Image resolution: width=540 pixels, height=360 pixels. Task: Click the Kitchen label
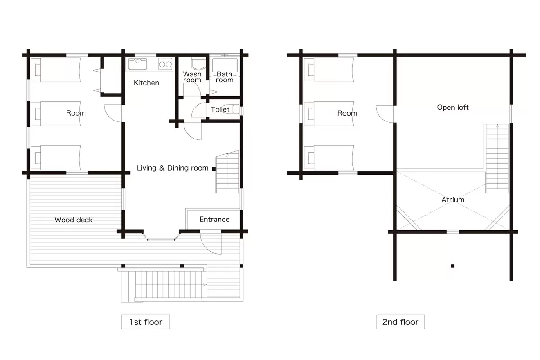click(146, 83)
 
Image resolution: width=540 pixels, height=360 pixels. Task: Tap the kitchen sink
click(137, 64)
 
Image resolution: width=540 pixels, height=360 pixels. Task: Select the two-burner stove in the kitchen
click(166, 64)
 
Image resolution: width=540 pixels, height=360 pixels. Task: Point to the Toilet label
click(220, 109)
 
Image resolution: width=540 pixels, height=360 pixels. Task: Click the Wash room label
click(192, 77)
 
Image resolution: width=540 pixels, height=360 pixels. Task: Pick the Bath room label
click(225, 77)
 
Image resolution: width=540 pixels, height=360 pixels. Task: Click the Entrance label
click(215, 220)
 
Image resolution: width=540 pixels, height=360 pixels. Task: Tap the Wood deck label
click(73, 220)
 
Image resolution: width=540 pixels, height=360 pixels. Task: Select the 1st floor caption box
click(146, 322)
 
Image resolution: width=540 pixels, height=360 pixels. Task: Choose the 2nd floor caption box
click(400, 322)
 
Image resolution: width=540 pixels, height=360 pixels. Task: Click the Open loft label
click(453, 108)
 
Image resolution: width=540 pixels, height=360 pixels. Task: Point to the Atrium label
click(453, 200)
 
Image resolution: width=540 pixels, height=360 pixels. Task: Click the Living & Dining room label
click(173, 168)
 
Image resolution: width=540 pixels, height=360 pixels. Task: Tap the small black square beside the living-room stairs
click(214, 169)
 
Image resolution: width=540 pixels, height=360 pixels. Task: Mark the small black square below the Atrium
click(453, 266)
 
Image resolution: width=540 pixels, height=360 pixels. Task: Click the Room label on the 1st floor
click(76, 113)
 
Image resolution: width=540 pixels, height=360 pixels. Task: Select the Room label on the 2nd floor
click(347, 113)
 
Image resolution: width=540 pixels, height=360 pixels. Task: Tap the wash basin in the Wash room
click(198, 63)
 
